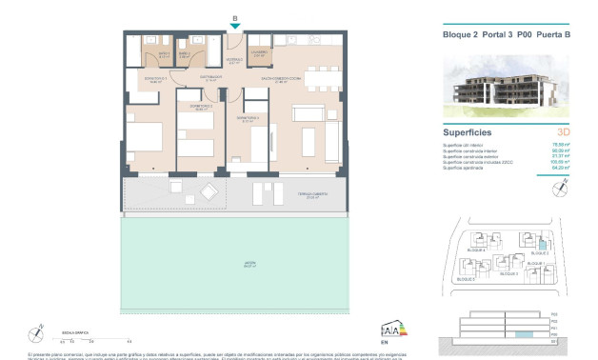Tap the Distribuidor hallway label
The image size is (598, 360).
(x=211, y=77)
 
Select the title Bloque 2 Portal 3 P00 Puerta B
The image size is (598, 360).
(x=507, y=35)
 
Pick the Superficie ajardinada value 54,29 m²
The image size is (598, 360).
(x=561, y=166)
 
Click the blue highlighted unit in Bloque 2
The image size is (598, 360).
(x=544, y=246)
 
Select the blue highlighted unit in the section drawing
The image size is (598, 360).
(x=520, y=335)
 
